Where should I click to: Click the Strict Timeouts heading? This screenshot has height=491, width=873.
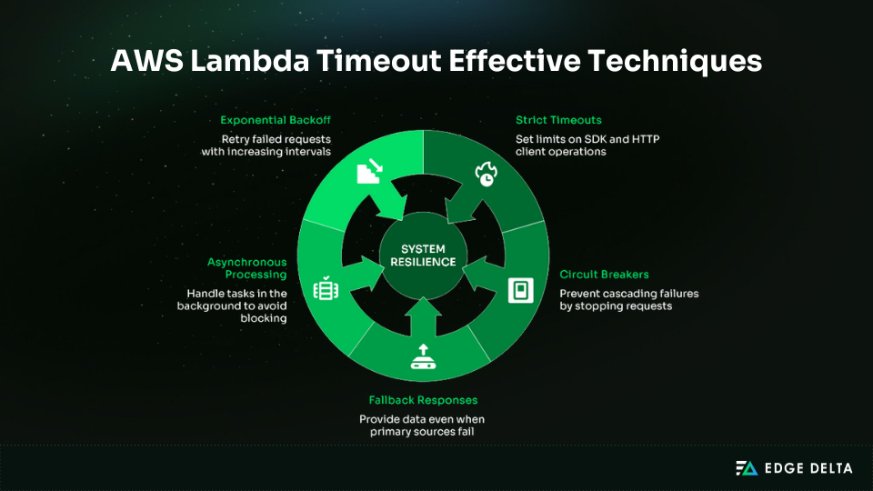pyautogui.click(x=558, y=120)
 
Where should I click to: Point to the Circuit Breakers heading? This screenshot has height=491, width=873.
pyautogui.click(x=604, y=275)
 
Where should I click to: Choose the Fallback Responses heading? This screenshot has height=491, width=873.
pyautogui.click(x=423, y=400)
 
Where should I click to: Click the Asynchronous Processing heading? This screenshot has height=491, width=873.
pyautogui.click(x=247, y=268)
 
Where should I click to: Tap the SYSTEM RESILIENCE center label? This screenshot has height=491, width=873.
pyautogui.click(x=423, y=255)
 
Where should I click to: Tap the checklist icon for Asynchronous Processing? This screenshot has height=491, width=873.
pyautogui.click(x=326, y=289)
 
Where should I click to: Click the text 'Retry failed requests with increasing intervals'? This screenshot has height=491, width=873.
pyautogui.click(x=266, y=145)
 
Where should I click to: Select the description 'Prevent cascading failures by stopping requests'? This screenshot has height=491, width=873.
pyautogui.click(x=628, y=300)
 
